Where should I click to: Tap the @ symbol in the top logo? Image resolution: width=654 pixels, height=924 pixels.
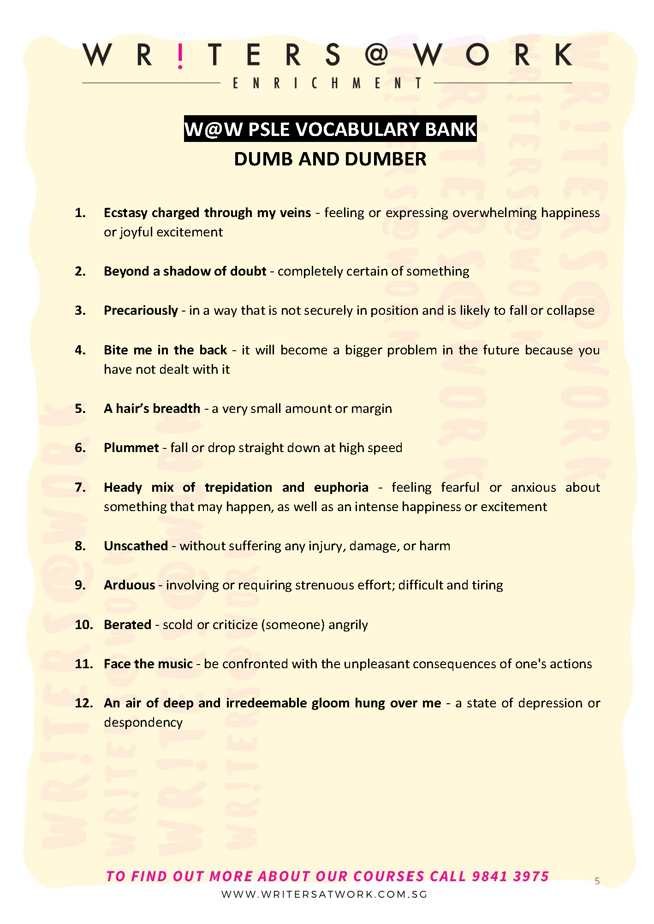point(377,55)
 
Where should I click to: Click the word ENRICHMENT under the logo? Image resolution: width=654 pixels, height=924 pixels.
point(327,83)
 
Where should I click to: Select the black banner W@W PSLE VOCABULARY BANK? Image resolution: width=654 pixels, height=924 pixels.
point(330,129)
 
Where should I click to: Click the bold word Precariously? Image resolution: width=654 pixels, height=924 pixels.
point(141,311)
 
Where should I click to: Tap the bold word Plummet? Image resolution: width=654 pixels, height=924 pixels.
point(131,448)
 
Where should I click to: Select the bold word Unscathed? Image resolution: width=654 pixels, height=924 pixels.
point(136,546)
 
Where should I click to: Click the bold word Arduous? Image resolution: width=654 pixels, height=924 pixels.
point(129,585)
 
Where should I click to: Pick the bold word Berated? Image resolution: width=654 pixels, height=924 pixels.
point(127,625)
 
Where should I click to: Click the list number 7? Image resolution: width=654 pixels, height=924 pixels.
point(80,488)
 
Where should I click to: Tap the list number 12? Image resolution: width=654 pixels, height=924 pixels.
point(83,703)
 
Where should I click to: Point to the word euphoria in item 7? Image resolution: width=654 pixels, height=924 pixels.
point(341,488)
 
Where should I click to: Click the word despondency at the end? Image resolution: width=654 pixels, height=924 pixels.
point(143,723)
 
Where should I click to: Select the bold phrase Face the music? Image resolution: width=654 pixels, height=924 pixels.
point(148,664)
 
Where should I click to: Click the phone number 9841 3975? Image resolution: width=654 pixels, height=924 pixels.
point(510,876)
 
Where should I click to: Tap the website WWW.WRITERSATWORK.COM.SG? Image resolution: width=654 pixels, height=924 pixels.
point(324,895)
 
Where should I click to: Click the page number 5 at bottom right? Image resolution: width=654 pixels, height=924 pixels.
point(597,881)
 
